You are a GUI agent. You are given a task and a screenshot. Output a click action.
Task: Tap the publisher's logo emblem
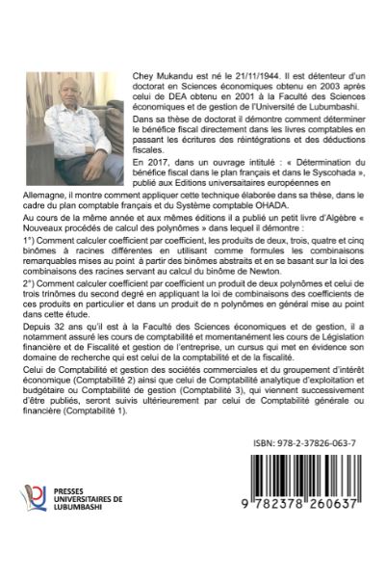pyautogui.click(x=34, y=552)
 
